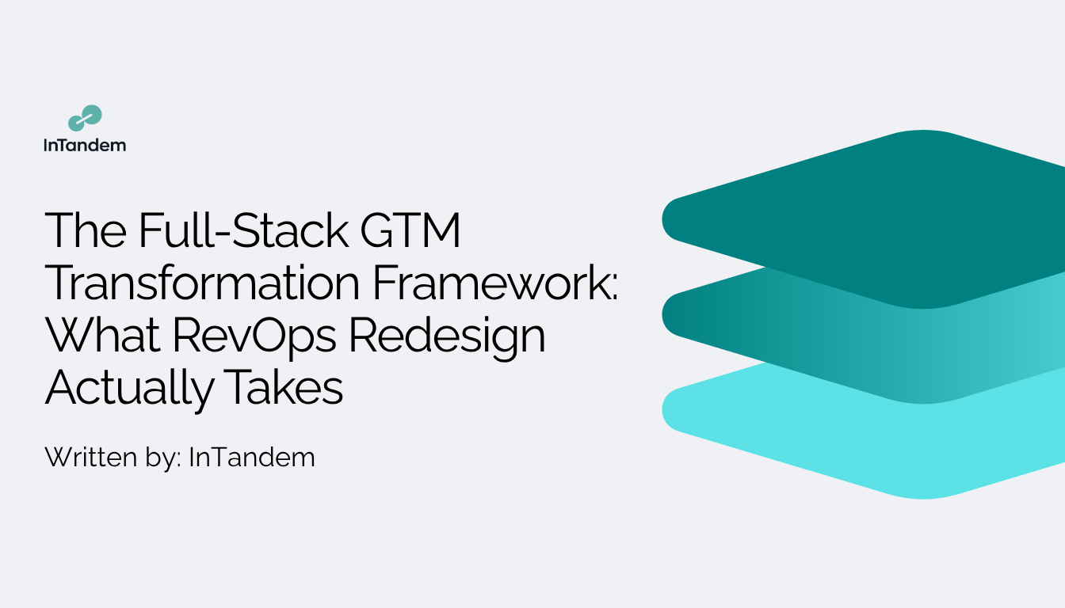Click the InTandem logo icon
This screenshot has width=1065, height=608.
85,118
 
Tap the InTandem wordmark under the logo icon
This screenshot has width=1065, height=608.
85,145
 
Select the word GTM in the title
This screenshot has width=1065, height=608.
410,230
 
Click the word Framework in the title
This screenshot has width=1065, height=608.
491,283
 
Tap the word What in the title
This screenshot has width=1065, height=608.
103,336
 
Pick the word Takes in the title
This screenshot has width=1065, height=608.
284,388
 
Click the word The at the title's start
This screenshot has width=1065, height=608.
86,230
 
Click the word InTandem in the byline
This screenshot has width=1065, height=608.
252,457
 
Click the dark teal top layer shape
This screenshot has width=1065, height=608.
880,218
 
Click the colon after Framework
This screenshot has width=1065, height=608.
614,287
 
